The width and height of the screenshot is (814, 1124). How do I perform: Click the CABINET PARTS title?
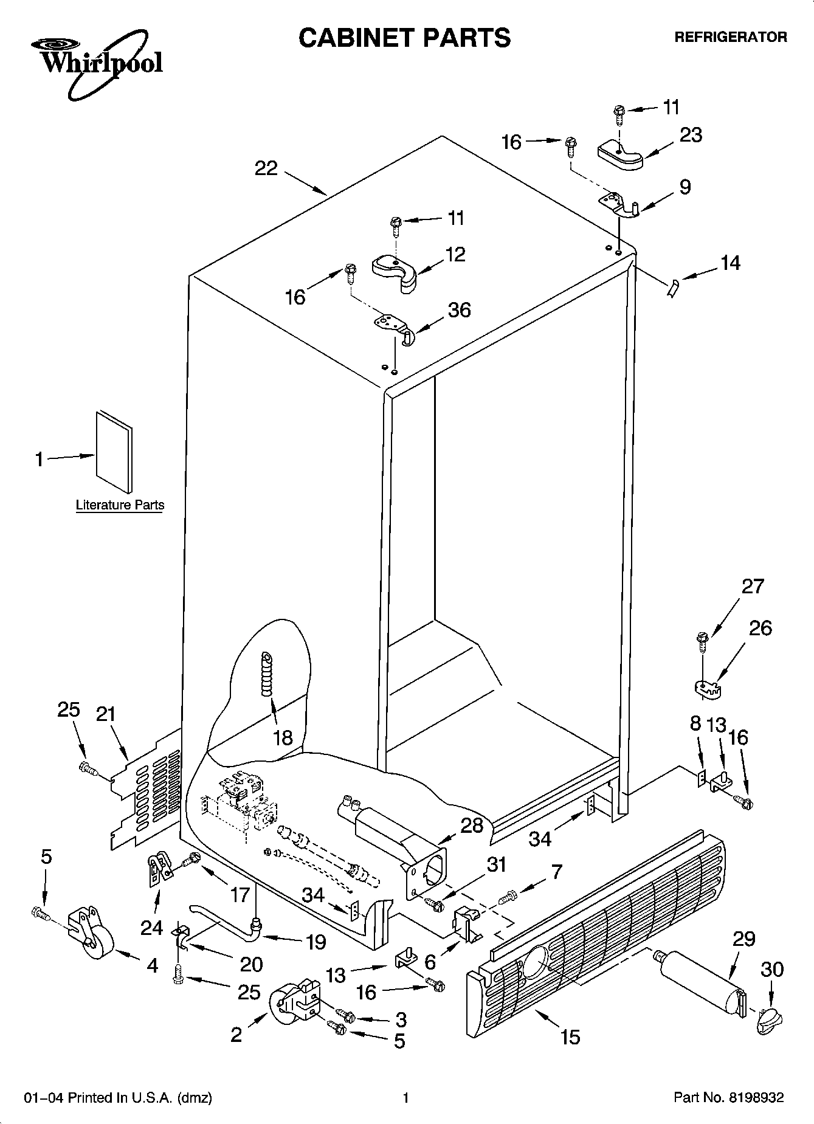tap(404, 38)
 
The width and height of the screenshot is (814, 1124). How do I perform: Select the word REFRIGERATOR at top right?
tap(731, 38)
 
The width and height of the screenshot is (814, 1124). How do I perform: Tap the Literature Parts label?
tap(120, 505)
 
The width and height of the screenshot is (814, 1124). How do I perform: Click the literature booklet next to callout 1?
tap(114, 451)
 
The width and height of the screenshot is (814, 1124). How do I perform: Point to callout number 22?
tap(266, 168)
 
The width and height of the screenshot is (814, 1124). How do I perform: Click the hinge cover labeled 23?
tap(619, 154)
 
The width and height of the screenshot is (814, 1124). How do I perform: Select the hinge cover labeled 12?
tap(395, 272)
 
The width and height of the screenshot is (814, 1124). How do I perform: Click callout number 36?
tap(459, 310)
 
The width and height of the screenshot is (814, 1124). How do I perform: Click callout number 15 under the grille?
tap(570, 1036)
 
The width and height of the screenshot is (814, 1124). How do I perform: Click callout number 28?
tap(472, 826)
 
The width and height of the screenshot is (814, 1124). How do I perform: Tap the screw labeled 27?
tap(702, 643)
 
